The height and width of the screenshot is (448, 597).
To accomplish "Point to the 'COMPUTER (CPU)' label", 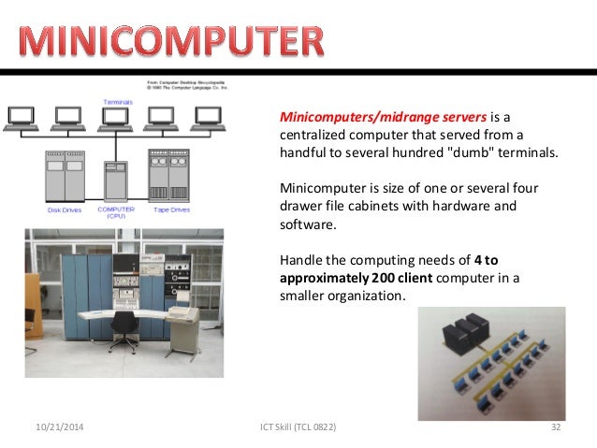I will click(x=117, y=211).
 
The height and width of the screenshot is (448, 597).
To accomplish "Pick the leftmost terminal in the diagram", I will click(x=22, y=117).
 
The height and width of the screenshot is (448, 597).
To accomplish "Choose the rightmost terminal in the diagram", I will click(x=207, y=117).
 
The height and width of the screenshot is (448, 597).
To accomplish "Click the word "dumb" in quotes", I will click(x=477, y=153).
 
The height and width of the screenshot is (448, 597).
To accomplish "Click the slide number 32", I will click(x=556, y=427).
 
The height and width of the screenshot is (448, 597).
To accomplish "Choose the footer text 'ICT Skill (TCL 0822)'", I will click(x=297, y=427).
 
